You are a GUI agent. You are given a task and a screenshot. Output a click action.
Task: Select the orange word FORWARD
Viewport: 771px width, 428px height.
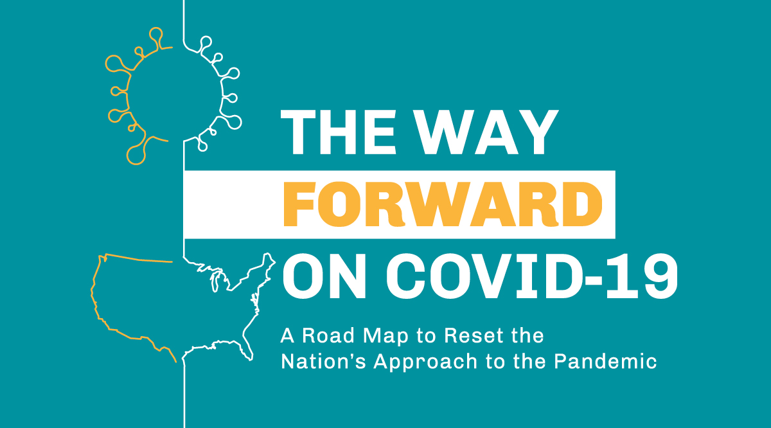(x=443, y=203)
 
